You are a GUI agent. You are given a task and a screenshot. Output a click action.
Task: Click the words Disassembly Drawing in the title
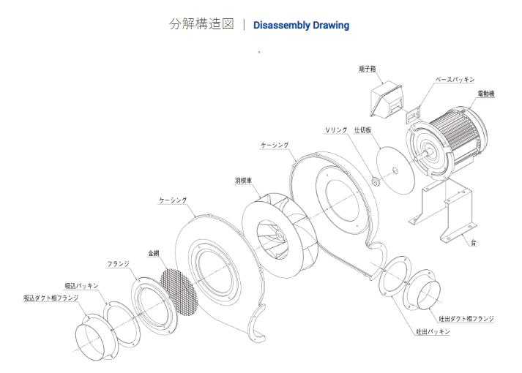pos(301,25)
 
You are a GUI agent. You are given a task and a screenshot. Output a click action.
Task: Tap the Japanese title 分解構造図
pos(201,24)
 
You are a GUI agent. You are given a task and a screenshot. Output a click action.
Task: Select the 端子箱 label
pos(367,68)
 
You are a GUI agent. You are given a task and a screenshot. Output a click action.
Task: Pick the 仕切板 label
pos(362,129)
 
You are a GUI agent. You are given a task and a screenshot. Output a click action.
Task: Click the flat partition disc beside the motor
pos(400,169)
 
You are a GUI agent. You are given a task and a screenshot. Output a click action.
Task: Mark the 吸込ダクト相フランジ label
pos(49,298)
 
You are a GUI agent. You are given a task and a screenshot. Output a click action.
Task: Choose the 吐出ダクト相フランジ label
pos(466,319)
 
